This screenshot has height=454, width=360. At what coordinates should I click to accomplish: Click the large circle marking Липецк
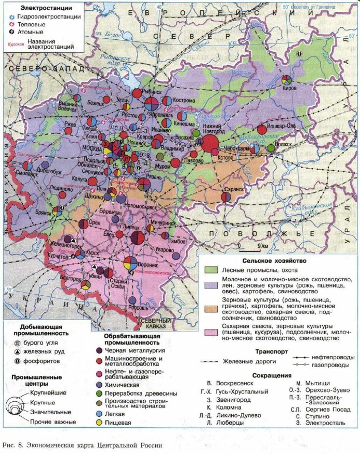(x=138, y=238)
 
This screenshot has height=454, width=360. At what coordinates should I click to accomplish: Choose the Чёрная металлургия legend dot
(x=99, y=349)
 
